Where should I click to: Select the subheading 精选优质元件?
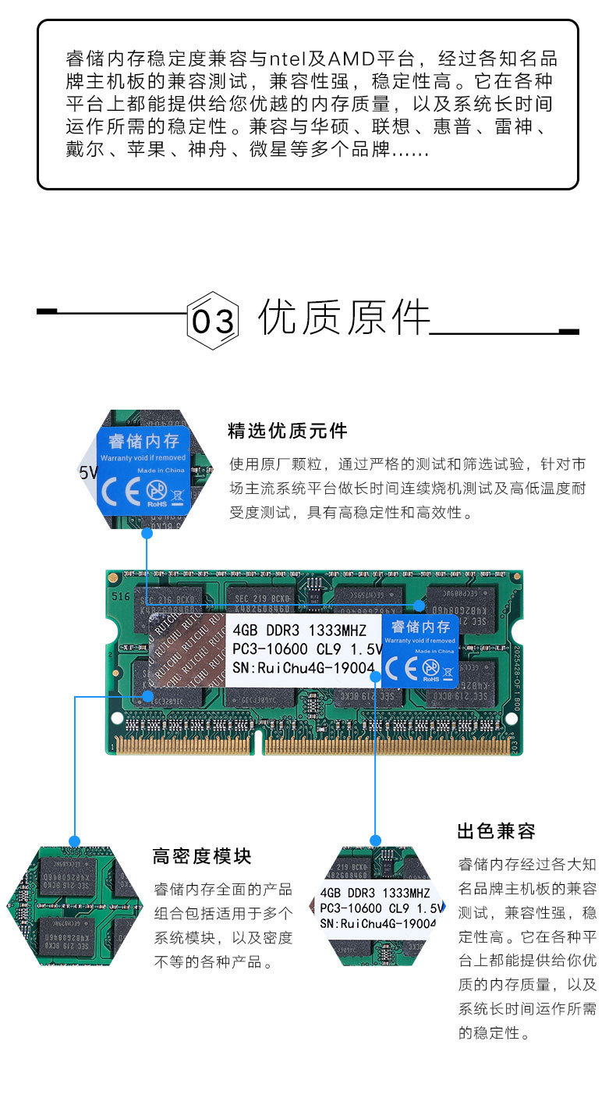point(287,430)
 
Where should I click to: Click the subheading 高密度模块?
point(202,856)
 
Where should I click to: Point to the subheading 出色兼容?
point(496,831)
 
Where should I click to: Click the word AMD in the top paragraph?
point(350,60)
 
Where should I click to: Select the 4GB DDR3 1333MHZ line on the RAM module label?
point(299,630)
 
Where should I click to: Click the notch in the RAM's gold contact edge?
point(258,742)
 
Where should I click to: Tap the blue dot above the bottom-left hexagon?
point(75,841)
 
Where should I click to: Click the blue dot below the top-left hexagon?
point(147,533)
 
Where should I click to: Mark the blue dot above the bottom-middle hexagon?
point(375,840)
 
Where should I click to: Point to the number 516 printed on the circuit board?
point(120,596)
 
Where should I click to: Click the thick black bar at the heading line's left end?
point(47,312)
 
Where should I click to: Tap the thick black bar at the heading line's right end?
point(568,332)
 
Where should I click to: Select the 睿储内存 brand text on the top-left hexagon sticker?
point(143,442)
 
